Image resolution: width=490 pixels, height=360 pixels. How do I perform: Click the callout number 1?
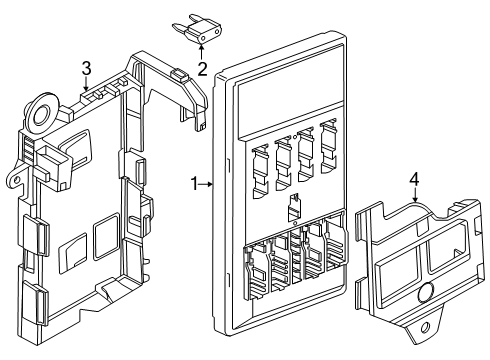pyautogui.click(x=195, y=184)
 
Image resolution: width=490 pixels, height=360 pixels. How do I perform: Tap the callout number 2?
pyautogui.click(x=202, y=69)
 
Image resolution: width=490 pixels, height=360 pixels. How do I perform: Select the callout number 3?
pyautogui.click(x=86, y=68)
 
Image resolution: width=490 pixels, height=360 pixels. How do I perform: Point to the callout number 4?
pyautogui.click(x=414, y=179)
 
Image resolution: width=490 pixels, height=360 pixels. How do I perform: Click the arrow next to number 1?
pyautogui.click(x=206, y=184)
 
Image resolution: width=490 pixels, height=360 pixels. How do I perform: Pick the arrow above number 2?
pyautogui.click(x=201, y=52)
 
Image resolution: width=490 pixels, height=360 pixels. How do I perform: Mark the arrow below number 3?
pyautogui.click(x=86, y=84)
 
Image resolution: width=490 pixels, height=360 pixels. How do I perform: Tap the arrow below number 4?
pyautogui.click(x=415, y=195)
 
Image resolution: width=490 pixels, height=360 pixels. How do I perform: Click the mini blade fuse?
pyautogui.click(x=197, y=29)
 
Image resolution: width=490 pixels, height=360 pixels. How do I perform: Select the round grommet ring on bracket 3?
pyautogui.click(x=42, y=112)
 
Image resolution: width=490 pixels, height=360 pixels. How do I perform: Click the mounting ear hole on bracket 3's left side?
pyautogui.click(x=15, y=179)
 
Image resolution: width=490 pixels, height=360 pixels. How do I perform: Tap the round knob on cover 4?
pyautogui.click(x=426, y=292)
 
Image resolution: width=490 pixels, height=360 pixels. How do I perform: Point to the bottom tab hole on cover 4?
pyautogui.click(x=425, y=328)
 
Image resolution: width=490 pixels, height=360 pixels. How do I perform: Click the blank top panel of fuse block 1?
pyautogui.click(x=290, y=91)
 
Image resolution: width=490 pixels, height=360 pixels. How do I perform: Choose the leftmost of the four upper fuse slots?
pyautogui.click(x=260, y=171)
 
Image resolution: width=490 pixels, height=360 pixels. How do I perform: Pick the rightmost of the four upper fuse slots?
pyautogui.click(x=329, y=146)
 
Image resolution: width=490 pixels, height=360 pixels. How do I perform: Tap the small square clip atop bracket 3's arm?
pyautogui.click(x=179, y=75)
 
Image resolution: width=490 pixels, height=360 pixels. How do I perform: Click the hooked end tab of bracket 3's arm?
pyautogui.click(x=202, y=121)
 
